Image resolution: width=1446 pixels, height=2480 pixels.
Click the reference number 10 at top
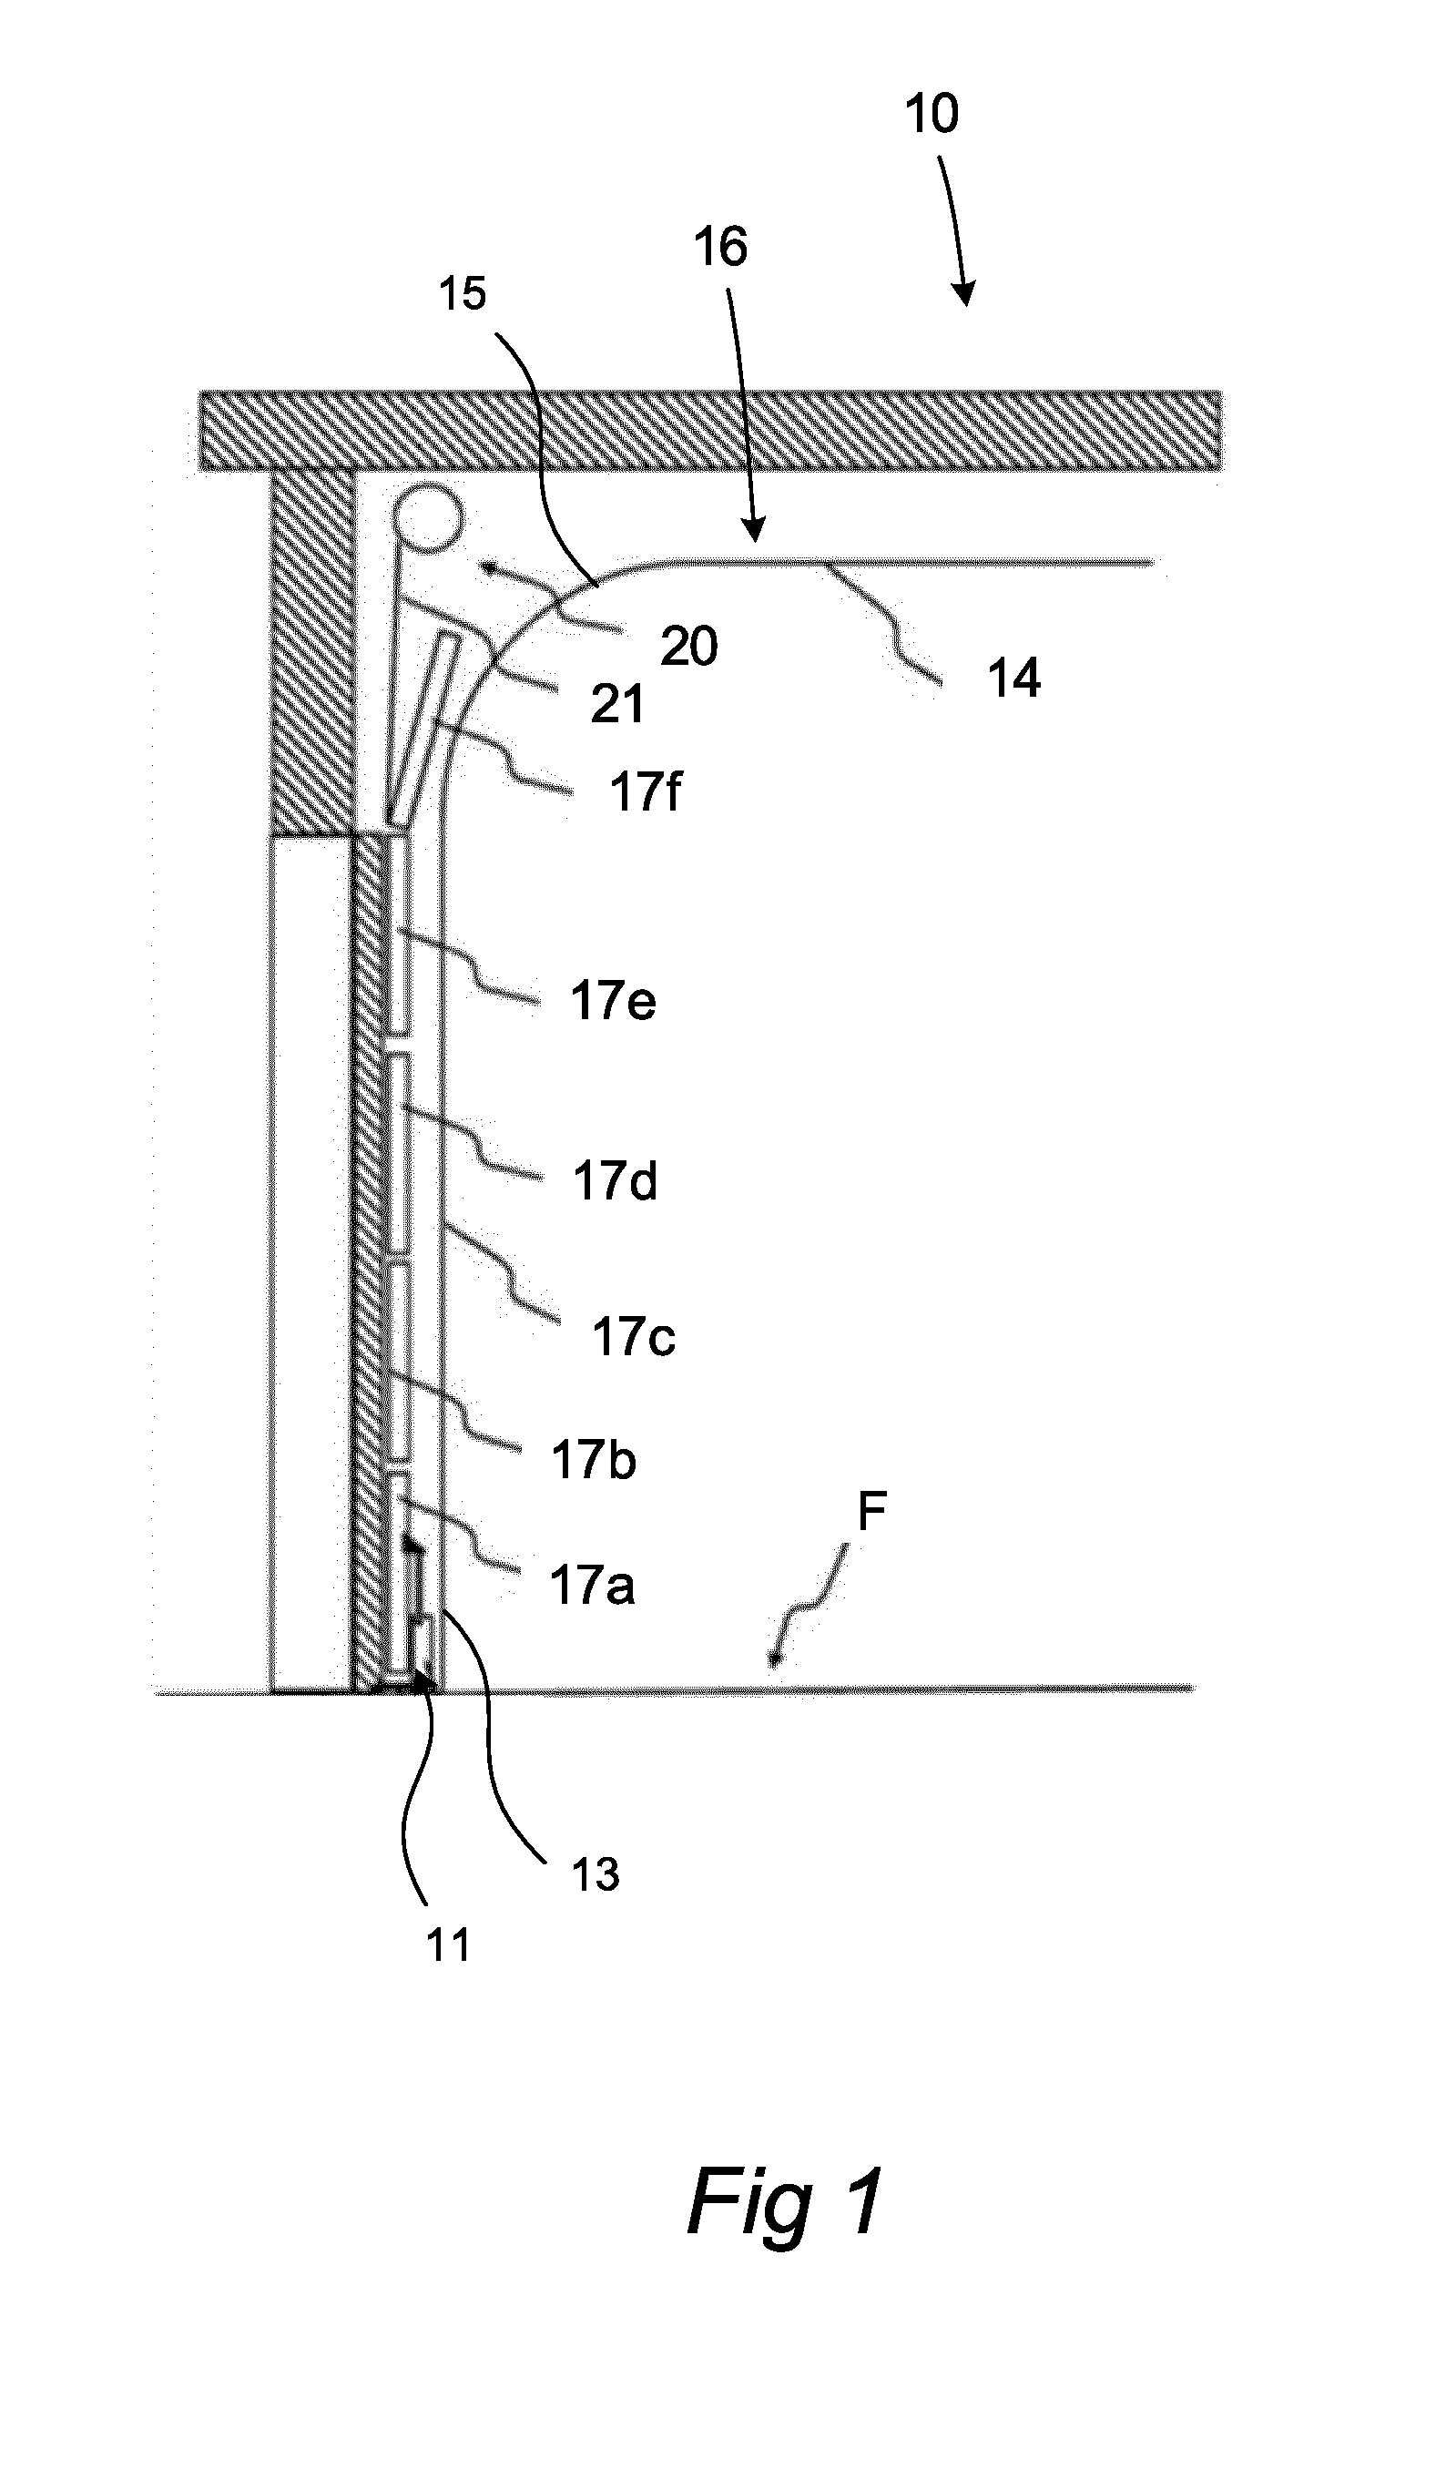pos(931,114)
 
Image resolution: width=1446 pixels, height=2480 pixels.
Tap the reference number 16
pos(720,246)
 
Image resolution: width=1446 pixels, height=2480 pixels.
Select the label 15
pos(463,293)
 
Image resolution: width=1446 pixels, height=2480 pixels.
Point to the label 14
pos(1013,679)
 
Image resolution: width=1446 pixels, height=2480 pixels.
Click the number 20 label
pos(688,647)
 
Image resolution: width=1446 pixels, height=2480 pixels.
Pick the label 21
pos(616,705)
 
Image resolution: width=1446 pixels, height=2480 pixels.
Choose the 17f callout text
pos(646,791)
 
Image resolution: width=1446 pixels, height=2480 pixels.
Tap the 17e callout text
pos(613,1001)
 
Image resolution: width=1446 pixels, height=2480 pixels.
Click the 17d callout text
pos(615,1181)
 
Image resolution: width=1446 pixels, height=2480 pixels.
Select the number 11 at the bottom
pos(448,1945)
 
